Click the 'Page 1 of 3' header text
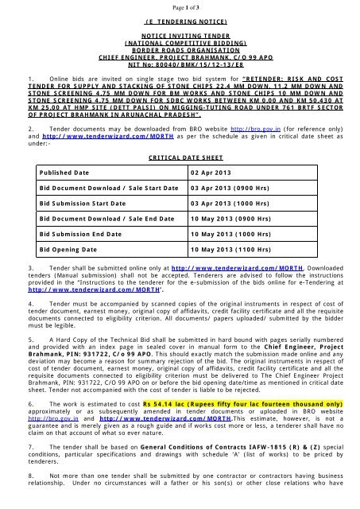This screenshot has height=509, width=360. pos(179,7)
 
